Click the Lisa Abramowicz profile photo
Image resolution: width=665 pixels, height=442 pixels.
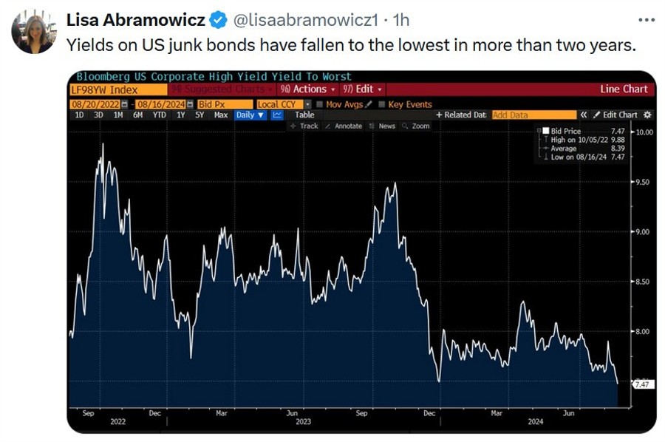[33, 33]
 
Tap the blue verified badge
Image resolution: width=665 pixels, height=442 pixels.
[218, 19]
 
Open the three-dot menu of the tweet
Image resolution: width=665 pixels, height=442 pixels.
[646, 20]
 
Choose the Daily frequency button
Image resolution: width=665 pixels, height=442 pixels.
[250, 115]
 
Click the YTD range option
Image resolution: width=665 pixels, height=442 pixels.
[159, 115]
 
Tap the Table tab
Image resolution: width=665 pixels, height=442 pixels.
[304, 115]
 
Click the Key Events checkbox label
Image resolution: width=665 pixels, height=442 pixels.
[410, 104]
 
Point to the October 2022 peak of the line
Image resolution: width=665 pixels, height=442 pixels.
[102, 145]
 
